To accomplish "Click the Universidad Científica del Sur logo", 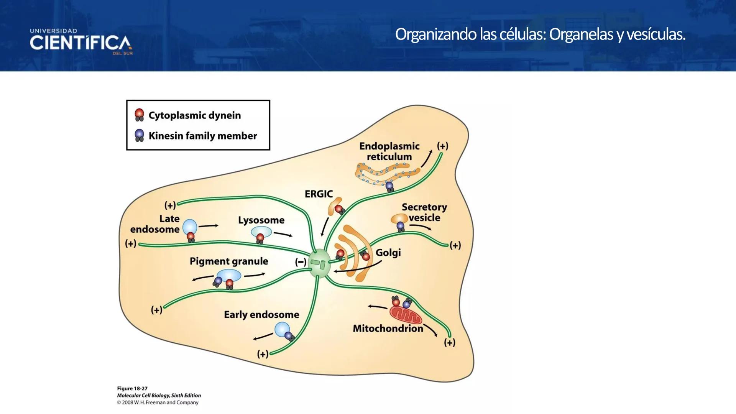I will [81, 42].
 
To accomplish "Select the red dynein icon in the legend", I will [139, 115].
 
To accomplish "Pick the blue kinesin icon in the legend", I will [139, 135].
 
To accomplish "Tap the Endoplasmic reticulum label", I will [389, 151].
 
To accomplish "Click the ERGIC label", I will [319, 194].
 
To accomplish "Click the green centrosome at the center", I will [319, 263].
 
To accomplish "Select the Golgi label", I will [388, 253].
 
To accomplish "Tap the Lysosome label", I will [261, 220].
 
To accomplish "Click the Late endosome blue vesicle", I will [190, 227].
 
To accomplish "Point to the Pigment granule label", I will [229, 261].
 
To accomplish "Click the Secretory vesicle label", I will [424, 212].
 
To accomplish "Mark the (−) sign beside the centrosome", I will [301, 262].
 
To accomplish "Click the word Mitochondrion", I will [388, 329].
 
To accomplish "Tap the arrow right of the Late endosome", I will [208, 226].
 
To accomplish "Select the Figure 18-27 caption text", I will [132, 388].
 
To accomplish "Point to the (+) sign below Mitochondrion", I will [450, 342].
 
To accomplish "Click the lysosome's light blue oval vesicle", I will [261, 232].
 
